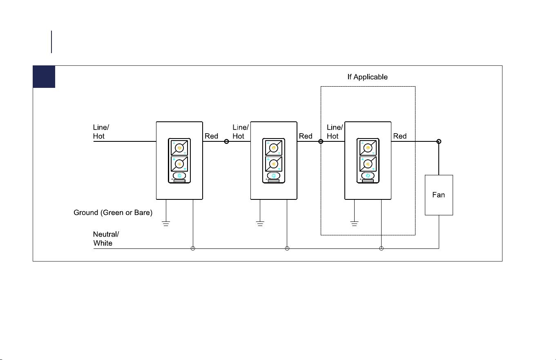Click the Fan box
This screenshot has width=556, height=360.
coord(439,195)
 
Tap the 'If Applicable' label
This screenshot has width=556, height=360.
coord(367,77)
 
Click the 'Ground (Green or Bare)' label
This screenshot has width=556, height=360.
coord(113,212)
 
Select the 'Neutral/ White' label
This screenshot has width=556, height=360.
coord(106,239)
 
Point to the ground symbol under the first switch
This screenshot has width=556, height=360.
coord(166,224)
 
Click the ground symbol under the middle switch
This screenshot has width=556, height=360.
coord(260,224)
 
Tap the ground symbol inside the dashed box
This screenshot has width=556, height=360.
coord(355,224)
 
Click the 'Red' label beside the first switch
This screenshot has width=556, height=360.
coord(211,136)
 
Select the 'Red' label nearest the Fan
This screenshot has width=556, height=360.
coord(400,136)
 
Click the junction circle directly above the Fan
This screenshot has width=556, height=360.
coord(439,141)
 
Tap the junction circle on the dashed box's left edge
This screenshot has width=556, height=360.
coord(321,141)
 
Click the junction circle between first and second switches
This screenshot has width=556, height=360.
coord(226,141)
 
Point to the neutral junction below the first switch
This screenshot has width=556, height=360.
coord(193,248)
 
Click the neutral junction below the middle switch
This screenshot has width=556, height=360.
coord(287,248)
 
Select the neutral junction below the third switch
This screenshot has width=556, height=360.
coord(382,248)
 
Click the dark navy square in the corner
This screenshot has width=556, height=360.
coord(44,77)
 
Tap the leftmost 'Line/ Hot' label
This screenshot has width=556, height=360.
coord(101,132)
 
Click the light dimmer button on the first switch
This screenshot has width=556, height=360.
coord(179,148)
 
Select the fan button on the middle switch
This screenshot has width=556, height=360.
coord(274,164)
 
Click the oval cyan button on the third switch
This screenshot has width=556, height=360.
coord(368,176)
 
